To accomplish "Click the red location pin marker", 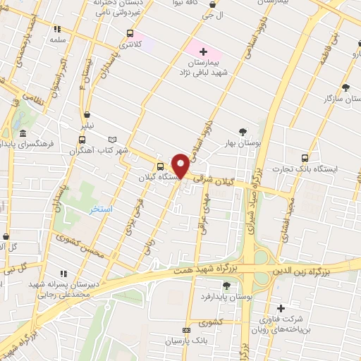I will point(180,166).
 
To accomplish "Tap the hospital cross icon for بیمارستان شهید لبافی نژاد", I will point(204,51).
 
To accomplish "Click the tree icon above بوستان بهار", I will point(243,131).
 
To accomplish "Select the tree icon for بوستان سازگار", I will point(345,87).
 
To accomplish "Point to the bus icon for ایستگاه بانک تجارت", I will point(305,158).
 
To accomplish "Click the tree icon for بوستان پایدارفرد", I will point(226,286).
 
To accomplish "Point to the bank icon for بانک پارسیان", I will point(186,330).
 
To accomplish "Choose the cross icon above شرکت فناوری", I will point(281,308).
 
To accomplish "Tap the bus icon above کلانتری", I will point(130,33).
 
